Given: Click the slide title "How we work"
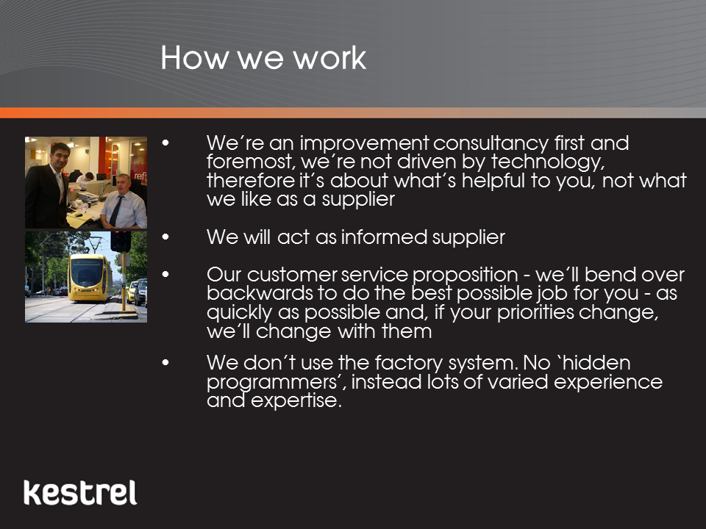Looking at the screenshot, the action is tap(263, 57).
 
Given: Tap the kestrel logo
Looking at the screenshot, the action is tap(80, 492).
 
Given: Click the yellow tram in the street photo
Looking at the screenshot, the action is tap(90, 278).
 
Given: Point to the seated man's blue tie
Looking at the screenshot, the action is tap(116, 210).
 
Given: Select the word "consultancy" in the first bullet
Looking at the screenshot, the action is tap(491, 144).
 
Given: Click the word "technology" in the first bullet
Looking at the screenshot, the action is tap(547, 162).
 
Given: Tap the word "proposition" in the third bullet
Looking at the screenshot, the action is tap(465, 276).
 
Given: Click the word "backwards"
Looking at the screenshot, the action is tap(260, 293).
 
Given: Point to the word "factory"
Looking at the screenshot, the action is tap(402, 364).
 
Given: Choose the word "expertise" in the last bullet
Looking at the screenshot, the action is tap(296, 400).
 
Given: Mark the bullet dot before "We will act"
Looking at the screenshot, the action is tap(165, 237).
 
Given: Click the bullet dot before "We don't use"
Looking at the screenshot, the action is tap(165, 362).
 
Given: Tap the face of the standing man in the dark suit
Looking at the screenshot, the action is tap(60, 156).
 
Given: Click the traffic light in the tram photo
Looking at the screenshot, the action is tap(121, 242).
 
